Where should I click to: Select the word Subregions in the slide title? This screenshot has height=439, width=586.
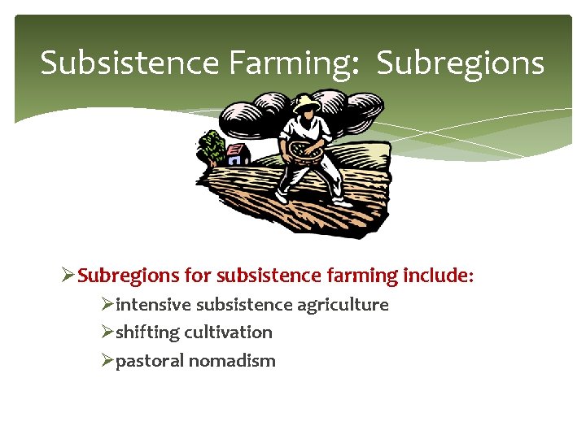coord(461,63)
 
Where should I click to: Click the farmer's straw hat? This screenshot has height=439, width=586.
coord(306,103)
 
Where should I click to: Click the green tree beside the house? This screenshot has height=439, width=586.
coord(212,148)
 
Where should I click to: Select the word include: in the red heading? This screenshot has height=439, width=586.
coord(438,276)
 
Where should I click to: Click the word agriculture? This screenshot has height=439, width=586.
coord(343,305)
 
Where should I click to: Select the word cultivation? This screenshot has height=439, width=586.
coord(229,333)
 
